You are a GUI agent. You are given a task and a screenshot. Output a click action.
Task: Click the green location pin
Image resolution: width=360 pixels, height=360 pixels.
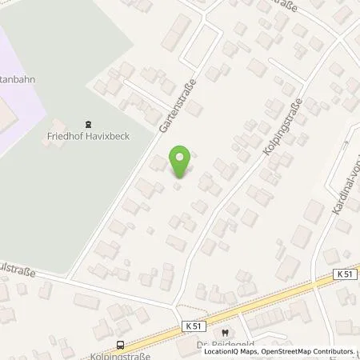point(181,162)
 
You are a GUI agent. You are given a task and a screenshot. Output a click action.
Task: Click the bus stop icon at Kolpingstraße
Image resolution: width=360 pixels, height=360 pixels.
point(120,345)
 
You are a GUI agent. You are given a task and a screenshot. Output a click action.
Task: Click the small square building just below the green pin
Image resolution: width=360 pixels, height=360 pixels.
point(179,187)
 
